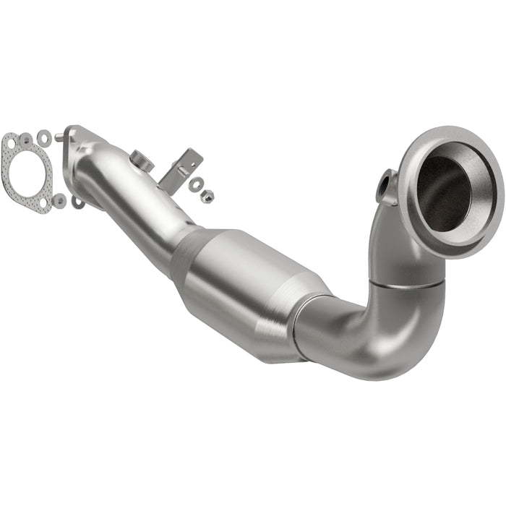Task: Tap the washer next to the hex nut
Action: coord(195,184)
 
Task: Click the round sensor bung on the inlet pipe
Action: coord(142,160)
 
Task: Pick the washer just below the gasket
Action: coord(59,200)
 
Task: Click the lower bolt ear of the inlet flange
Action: coord(77,203)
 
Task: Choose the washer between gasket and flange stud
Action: coord(45,135)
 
